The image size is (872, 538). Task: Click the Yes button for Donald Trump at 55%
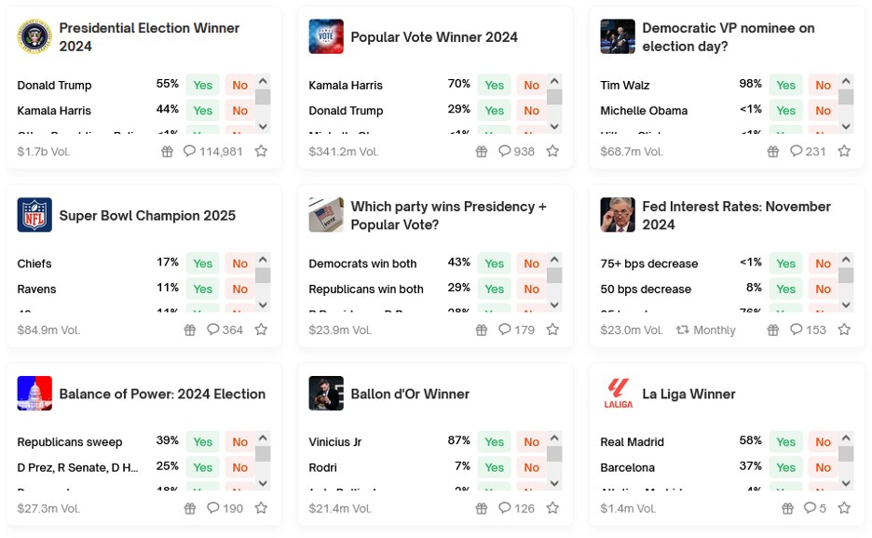(x=202, y=86)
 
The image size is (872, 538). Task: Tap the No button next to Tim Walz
(x=823, y=86)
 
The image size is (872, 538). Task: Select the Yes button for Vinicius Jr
(x=494, y=442)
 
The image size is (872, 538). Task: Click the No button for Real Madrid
(x=823, y=442)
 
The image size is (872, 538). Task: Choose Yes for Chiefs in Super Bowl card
(x=202, y=264)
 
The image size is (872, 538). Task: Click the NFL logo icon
(x=34, y=215)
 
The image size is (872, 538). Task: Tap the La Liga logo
(x=618, y=394)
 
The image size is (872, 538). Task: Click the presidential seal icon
(x=34, y=37)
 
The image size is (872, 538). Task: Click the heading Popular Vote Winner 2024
(x=434, y=37)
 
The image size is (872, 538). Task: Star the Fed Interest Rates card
(x=844, y=330)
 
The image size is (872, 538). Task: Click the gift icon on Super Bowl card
(x=190, y=330)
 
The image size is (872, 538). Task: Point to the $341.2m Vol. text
(x=344, y=152)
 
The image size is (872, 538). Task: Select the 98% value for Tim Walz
(x=750, y=85)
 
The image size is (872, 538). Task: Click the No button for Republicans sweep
(x=239, y=442)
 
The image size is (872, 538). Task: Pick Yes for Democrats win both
(x=494, y=264)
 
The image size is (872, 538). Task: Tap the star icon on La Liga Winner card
(x=844, y=508)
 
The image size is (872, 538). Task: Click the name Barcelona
(x=628, y=468)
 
